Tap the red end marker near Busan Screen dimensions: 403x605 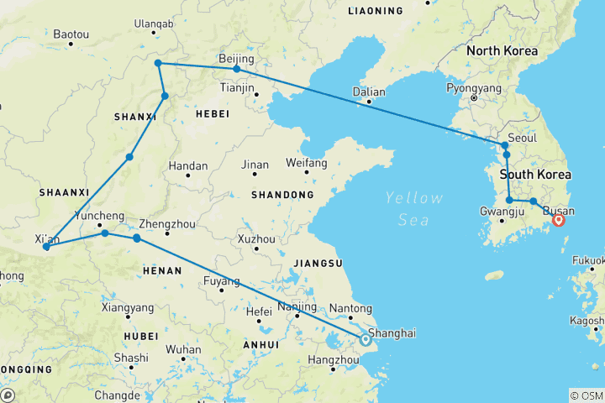pyautogui.click(x=559, y=221)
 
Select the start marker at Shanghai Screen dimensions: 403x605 pyautogui.click(x=366, y=340)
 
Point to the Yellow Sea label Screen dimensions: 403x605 pyautogui.click(x=413, y=208)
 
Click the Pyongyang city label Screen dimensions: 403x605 pyautogui.click(x=474, y=87)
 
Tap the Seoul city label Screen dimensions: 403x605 pyautogui.click(x=523, y=138)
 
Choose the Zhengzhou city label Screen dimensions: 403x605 pyautogui.click(x=165, y=224)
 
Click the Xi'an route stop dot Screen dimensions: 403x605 pyautogui.click(x=46, y=247)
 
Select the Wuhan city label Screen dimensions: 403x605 pyautogui.click(x=183, y=349)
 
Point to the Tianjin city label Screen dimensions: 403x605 pyautogui.click(x=237, y=87)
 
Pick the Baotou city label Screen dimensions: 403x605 pyautogui.click(x=71, y=34)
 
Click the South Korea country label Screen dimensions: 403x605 pyautogui.click(x=535, y=175)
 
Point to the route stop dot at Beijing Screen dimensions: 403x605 pyautogui.click(x=237, y=69)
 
